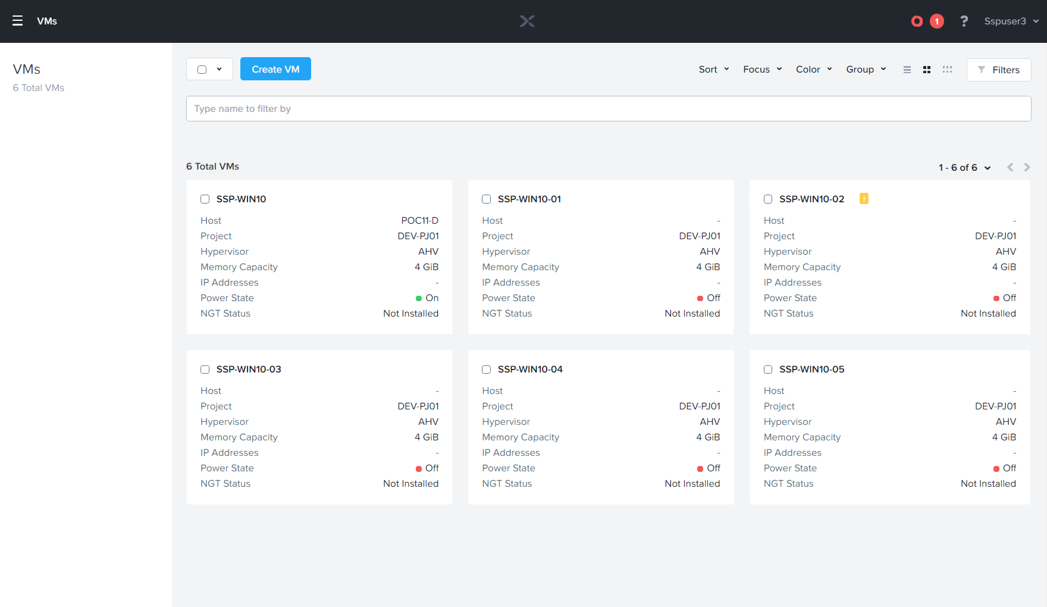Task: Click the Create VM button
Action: pos(275,69)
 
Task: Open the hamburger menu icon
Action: pos(17,21)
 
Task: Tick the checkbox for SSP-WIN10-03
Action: pos(205,370)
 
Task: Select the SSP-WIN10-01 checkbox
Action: pos(486,199)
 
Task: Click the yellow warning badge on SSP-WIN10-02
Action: pos(864,199)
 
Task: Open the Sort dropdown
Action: pos(713,70)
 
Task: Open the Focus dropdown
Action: pos(762,70)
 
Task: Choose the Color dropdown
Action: pos(813,70)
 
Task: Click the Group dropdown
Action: pos(866,70)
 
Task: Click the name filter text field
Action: pos(608,109)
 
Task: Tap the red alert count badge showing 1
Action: pos(936,21)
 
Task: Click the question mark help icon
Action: pos(964,21)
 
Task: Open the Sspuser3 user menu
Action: pos(1011,21)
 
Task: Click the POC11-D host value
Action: pos(419,221)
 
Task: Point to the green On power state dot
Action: pos(419,298)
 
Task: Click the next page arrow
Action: pos(1027,167)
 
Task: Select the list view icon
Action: pos(907,70)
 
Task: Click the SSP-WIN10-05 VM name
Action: pos(811,370)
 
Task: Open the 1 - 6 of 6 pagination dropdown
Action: pos(964,168)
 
